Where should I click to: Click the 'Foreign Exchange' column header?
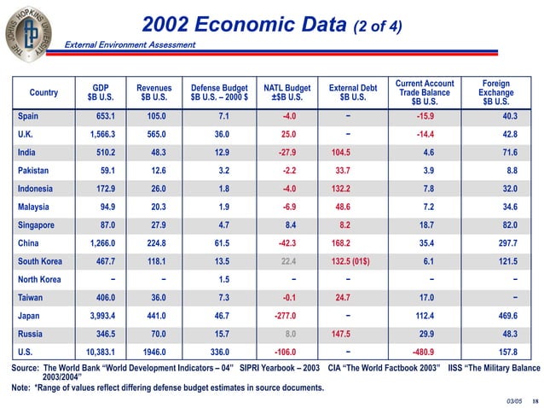pos(495,92)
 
